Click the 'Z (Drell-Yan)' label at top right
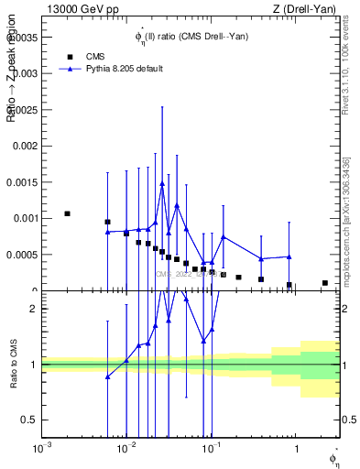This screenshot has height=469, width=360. coord(309,9)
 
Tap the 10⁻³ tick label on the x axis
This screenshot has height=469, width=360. coord(41,448)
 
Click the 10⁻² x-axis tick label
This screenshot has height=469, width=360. coord(126,448)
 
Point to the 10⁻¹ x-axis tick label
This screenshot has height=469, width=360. coord(212,448)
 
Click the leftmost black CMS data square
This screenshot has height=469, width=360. coord(67,213)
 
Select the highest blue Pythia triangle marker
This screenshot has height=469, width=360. coord(162,183)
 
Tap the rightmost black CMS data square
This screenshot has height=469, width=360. coord(325,283)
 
